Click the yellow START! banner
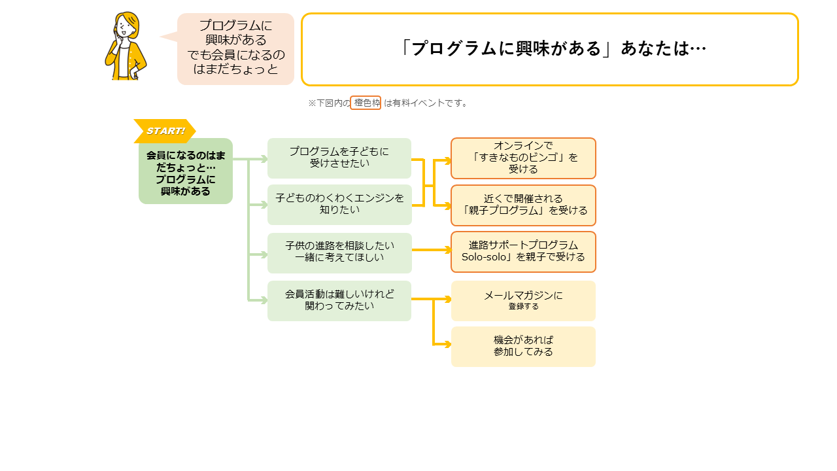165,131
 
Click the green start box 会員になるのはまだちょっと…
186,171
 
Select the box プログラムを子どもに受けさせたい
339,158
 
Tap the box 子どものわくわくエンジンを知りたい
339,205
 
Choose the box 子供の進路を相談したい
339,253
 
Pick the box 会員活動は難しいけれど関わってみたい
339,300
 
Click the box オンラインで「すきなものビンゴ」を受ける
523,158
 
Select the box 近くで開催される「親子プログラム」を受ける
523,205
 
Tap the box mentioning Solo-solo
523,252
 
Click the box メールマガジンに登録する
523,300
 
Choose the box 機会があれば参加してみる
523,347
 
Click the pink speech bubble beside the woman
235,48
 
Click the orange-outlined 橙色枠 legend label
366,103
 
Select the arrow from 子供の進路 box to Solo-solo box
432,250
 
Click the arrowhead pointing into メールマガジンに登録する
447,299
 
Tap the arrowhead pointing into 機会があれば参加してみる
447,344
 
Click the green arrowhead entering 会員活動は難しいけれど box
264,300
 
